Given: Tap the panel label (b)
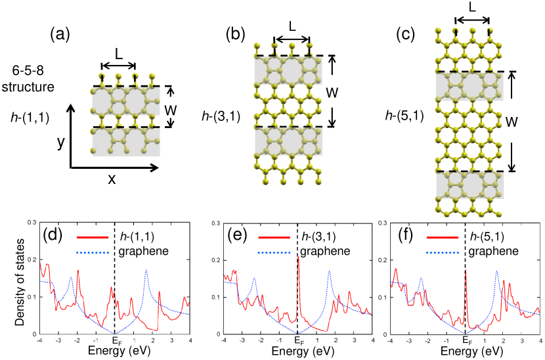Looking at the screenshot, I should [236, 32].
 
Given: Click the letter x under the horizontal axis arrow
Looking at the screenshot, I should [112, 179].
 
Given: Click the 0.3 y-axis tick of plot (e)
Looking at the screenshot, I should [215, 224].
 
